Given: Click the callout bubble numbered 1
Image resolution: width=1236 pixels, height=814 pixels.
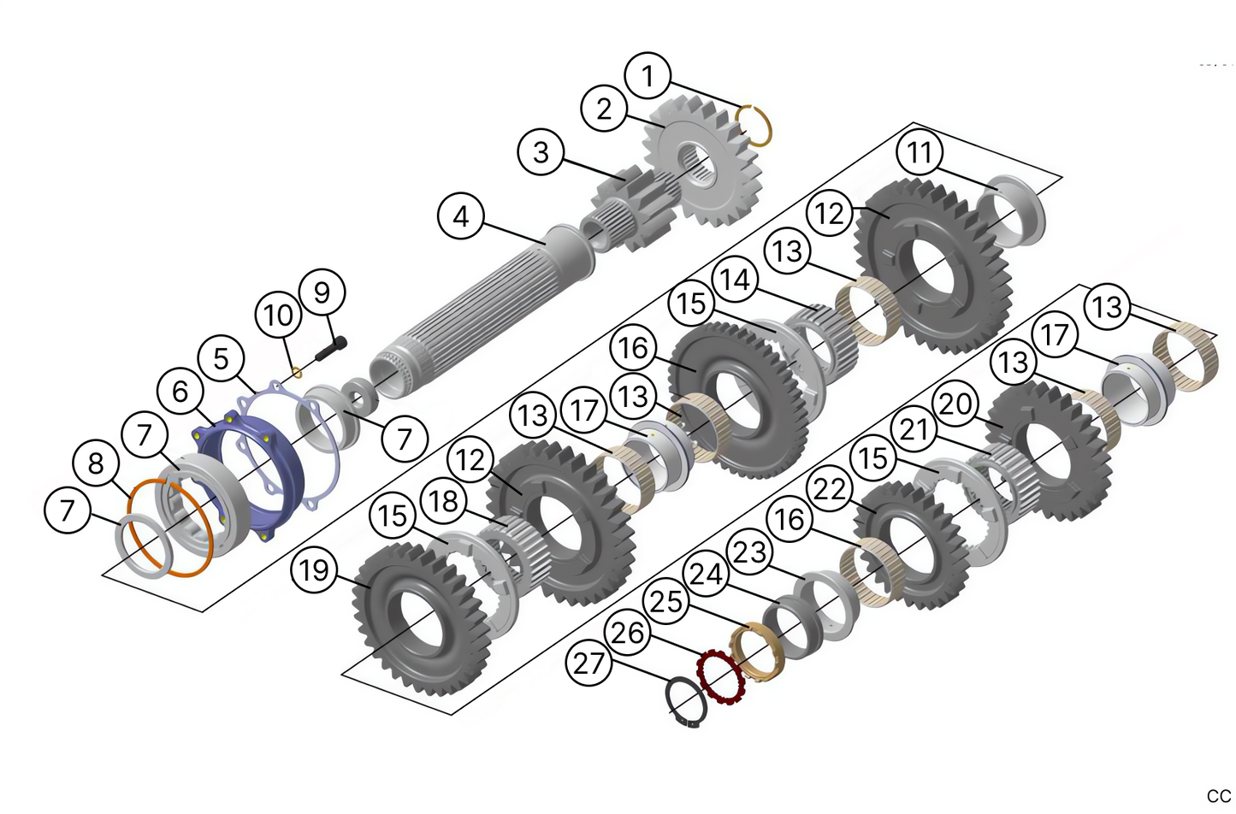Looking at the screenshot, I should coord(648,75).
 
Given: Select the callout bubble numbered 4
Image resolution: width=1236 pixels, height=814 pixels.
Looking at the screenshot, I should coord(460,216).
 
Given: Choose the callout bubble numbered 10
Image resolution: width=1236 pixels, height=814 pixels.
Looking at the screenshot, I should coord(278,316).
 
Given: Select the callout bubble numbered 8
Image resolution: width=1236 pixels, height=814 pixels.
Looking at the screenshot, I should coord(96,463).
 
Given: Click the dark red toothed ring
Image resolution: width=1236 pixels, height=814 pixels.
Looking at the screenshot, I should coord(720,678).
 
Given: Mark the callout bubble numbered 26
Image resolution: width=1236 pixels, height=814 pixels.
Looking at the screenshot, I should coord(628,633).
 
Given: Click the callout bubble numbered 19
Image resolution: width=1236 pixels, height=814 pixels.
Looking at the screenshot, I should coord(314,569).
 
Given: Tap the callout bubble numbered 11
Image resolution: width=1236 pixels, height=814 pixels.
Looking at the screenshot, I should coord(920,152).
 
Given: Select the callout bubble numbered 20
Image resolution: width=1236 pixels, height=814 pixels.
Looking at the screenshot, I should coord(955,403).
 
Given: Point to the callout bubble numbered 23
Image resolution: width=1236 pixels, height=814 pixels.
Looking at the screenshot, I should coord(749,552).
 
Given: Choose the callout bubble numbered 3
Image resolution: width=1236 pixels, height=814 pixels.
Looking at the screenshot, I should coord(541,152).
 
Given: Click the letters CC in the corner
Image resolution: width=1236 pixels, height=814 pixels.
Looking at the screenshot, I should coord(1218,796).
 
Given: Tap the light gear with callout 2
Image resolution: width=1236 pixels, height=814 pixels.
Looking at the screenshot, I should coord(697,167).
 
